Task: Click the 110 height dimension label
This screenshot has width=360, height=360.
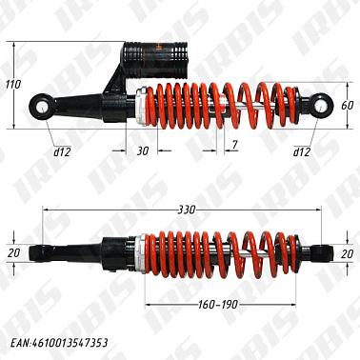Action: tap(13, 85)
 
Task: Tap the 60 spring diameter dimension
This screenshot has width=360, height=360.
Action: tap(348, 105)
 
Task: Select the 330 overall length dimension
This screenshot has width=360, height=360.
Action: tap(187, 210)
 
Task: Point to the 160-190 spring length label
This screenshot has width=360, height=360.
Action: tap(218, 305)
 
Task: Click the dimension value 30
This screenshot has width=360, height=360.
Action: tap(143, 151)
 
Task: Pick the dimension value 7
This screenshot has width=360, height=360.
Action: tap(234, 145)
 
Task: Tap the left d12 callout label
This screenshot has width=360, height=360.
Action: tap(62, 152)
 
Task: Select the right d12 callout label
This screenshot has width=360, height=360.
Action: tap(302, 152)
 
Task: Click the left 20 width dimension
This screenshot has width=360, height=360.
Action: tap(13, 253)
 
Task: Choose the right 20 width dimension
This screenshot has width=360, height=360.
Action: tap(347, 253)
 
